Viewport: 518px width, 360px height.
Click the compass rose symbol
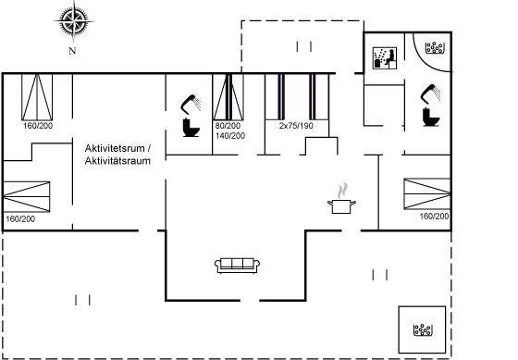click(73, 21)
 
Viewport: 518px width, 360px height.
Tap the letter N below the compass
click(72, 51)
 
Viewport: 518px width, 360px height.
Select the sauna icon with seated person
click(385, 58)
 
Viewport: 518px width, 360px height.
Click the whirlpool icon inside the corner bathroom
click(435, 48)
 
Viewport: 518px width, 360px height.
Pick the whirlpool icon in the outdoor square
click(423, 329)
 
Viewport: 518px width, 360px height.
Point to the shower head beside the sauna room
click(430, 93)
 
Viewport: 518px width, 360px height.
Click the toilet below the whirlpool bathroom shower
click(431, 117)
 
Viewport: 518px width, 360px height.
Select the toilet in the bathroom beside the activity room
click(191, 128)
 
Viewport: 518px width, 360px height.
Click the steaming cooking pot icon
click(341, 198)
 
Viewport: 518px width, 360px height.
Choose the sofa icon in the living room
click(237, 266)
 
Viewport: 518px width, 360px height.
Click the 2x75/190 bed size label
click(296, 126)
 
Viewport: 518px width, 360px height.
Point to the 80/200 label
click(228, 126)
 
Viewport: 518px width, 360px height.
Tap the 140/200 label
click(230, 136)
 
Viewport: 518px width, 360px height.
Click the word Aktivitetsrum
click(115, 148)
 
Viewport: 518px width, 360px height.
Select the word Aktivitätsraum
click(117, 161)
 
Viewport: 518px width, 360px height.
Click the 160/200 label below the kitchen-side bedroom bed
click(434, 217)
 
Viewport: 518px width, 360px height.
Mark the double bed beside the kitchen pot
click(427, 193)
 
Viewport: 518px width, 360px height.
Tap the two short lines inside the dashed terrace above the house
click(304, 46)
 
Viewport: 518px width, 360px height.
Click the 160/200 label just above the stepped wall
click(38, 126)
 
